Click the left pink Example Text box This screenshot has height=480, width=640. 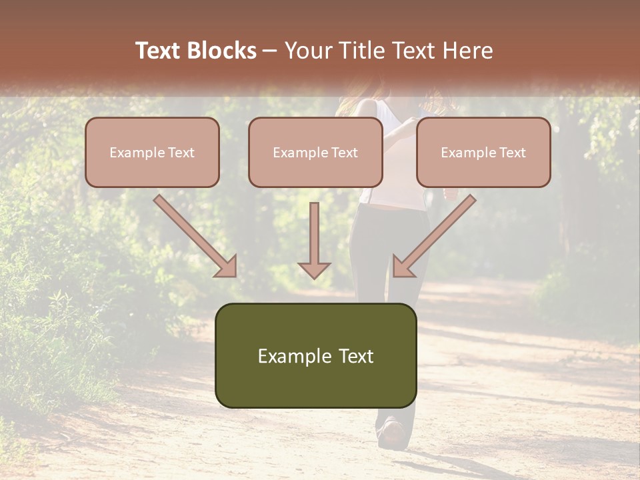pos(152,152)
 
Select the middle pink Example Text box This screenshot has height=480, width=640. pos(315,152)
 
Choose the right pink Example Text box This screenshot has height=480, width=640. pos(483,152)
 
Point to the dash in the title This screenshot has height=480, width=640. pos(270,51)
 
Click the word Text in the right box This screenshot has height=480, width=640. pos(512,153)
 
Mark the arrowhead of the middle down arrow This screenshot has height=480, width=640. pos(314,269)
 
